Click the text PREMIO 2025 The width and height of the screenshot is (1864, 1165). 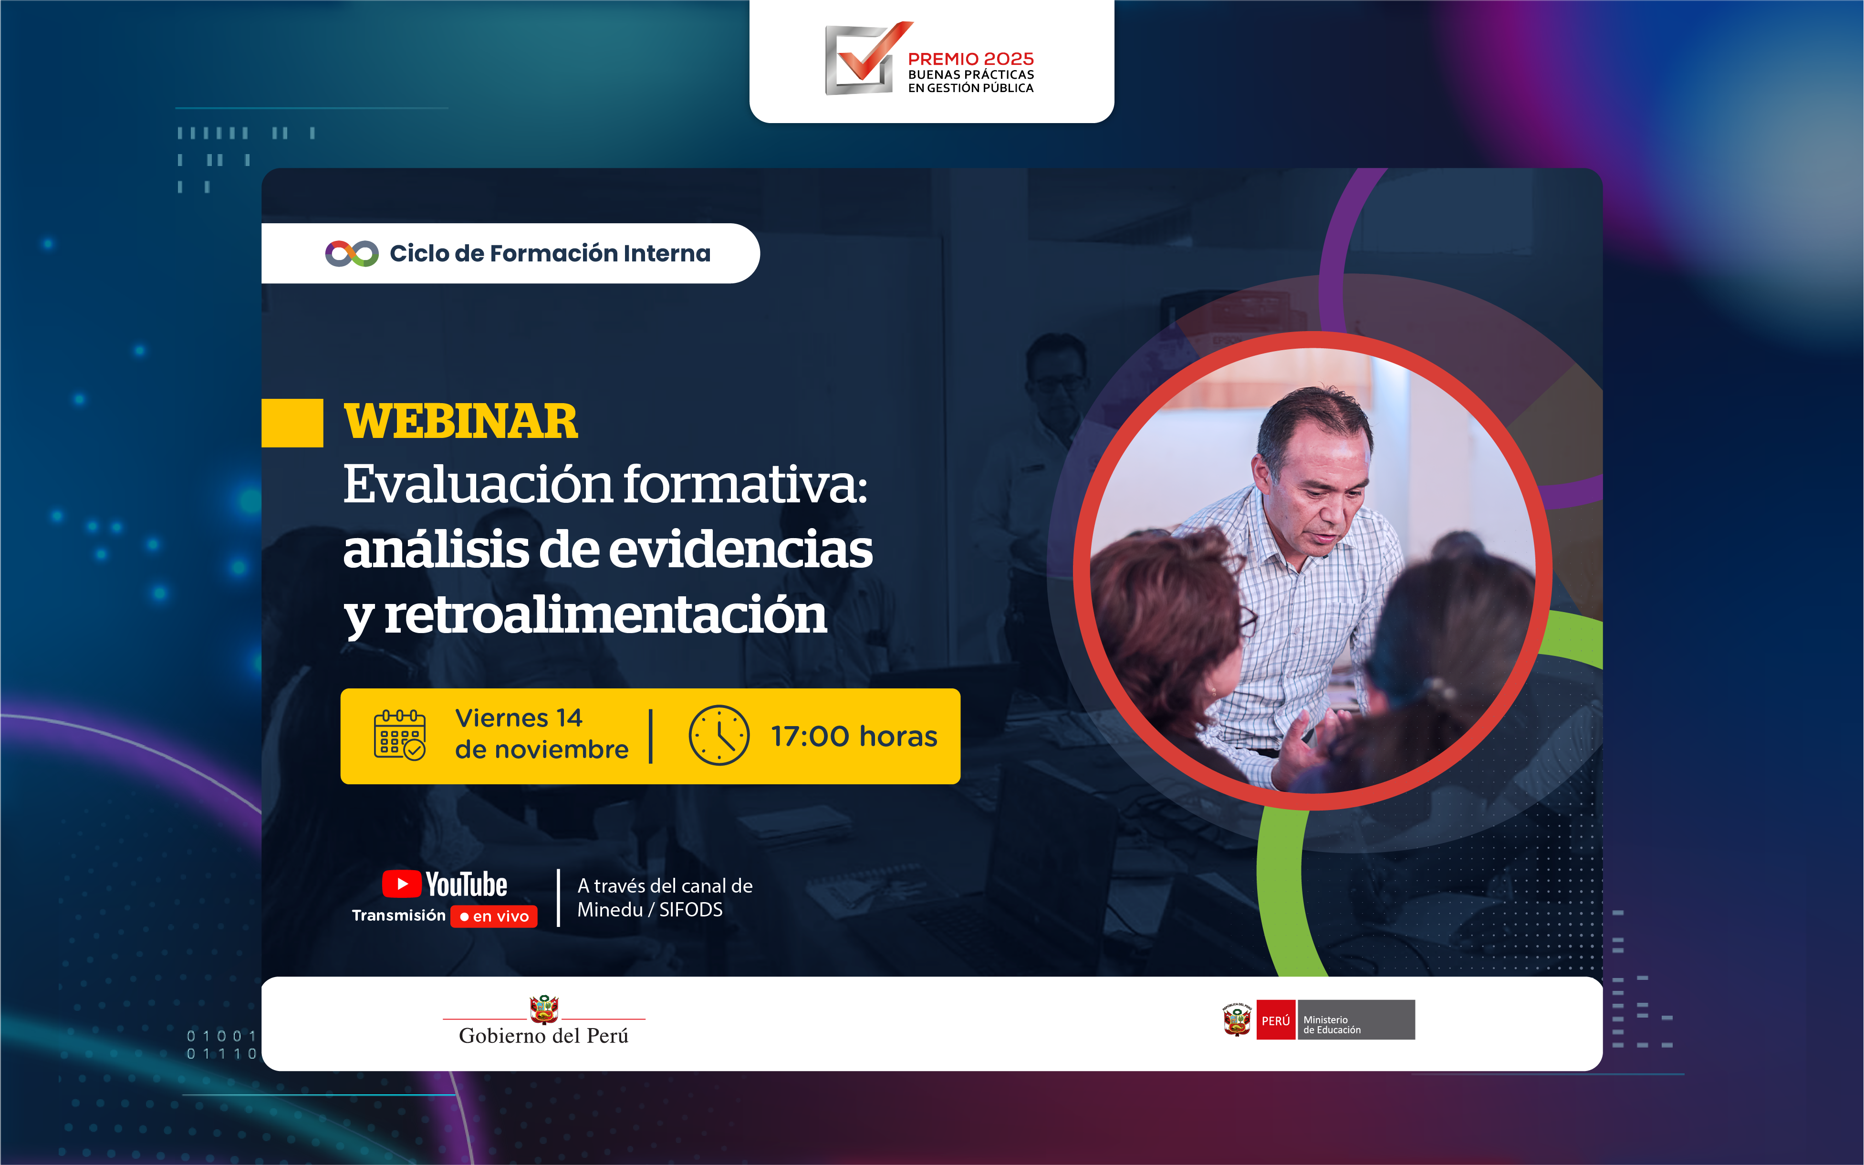pos(971,59)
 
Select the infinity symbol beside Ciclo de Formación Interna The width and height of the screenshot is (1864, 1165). pos(351,253)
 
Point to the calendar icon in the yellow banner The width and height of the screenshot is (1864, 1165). pos(399,735)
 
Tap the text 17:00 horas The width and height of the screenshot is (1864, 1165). pos(854,737)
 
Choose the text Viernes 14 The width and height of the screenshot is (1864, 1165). pos(519,718)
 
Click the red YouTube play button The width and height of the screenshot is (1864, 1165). pos(401,884)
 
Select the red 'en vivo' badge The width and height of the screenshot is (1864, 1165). pos(494,916)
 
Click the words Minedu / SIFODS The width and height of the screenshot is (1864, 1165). pos(650,910)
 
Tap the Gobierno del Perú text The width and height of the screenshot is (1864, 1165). pos(544,1036)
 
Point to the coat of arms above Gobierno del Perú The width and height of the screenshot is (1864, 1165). pos(544,1009)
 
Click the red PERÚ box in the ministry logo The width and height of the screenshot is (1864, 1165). pos(1275,1020)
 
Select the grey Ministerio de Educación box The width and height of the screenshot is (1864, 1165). pos(1356,1020)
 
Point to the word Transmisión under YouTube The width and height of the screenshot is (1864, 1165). pos(398,915)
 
